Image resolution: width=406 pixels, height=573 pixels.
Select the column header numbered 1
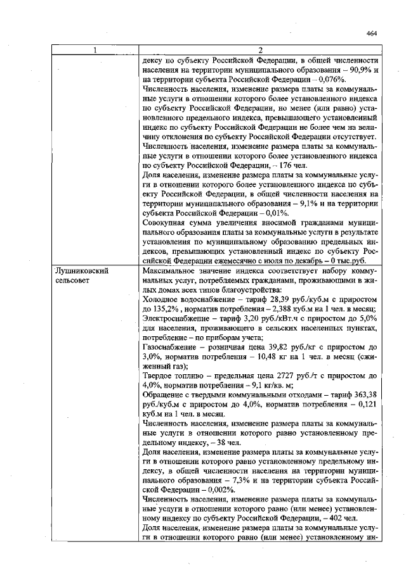click(96, 50)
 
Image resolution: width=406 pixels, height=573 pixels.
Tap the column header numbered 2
click(261, 50)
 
